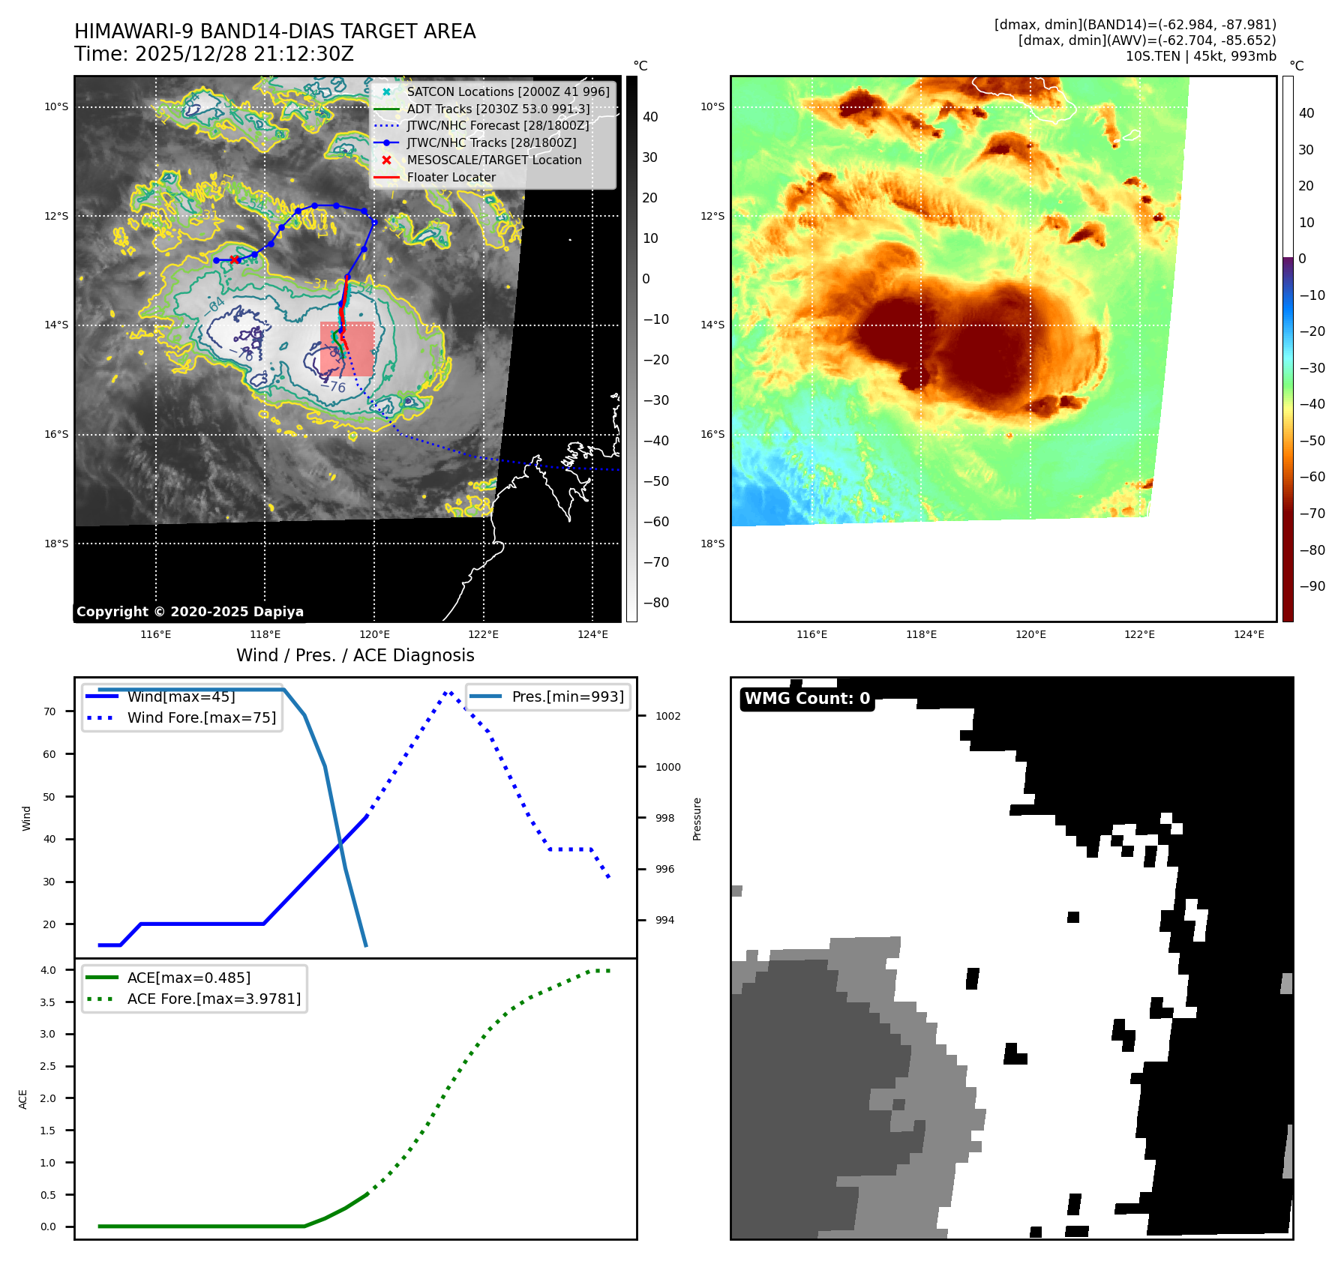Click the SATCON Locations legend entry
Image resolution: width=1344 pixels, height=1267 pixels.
click(508, 91)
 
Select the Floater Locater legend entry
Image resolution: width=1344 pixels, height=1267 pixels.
click(451, 177)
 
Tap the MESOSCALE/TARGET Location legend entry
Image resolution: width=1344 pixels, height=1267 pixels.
click(493, 160)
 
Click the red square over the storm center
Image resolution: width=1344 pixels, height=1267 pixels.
click(346, 349)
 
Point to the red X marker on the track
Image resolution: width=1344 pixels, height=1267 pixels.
click(235, 259)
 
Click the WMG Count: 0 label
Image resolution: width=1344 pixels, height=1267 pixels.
click(807, 699)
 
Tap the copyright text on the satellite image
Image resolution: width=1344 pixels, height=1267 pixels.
click(190, 612)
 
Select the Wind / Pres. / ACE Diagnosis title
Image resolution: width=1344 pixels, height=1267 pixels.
click(355, 655)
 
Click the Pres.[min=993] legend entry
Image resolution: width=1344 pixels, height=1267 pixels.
click(567, 696)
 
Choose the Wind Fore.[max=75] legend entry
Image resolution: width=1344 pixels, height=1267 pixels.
click(201, 717)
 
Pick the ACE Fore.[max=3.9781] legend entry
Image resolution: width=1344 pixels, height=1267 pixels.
click(214, 999)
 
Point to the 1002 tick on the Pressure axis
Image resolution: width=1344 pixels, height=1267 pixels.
click(667, 716)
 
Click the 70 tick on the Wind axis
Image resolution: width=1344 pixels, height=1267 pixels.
click(49, 711)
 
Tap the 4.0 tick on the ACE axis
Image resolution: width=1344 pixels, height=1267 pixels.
click(48, 970)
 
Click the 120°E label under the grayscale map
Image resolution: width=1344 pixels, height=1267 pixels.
click(374, 634)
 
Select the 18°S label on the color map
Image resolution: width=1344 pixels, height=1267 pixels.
click(712, 544)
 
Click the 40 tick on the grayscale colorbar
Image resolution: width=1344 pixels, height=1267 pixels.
click(650, 117)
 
